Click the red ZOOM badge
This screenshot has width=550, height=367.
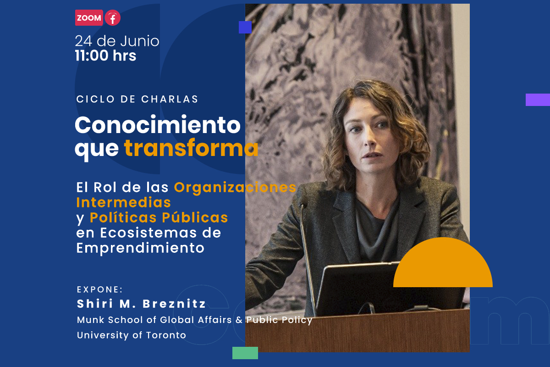[x=89, y=18]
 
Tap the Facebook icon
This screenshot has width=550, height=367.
[x=113, y=18]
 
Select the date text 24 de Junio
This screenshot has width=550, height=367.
[x=117, y=41]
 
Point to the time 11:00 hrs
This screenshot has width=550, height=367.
[x=105, y=56]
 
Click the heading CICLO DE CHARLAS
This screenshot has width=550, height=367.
[x=137, y=99]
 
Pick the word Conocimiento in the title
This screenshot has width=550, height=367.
[x=158, y=125]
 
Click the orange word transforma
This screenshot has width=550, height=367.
[x=191, y=148]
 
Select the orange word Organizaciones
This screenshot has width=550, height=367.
[x=235, y=188]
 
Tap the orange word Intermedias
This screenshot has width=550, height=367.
[x=123, y=202]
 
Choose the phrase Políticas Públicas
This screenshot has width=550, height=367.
[x=159, y=217]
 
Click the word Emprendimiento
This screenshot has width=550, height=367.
[x=140, y=248]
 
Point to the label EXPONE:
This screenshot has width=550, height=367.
[x=100, y=289]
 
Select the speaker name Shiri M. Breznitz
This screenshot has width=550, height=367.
[x=142, y=304]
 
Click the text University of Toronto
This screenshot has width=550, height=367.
[x=132, y=335]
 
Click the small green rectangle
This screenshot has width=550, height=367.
[x=245, y=353]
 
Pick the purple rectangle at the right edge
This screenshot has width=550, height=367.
[x=538, y=100]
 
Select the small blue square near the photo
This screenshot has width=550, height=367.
[x=245, y=27]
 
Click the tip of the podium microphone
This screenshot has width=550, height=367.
[x=302, y=205]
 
